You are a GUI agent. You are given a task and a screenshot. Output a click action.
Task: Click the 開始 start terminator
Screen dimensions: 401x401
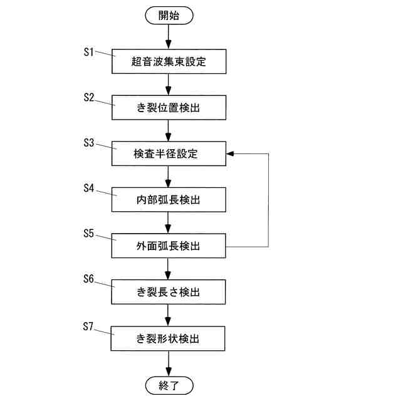pyautogui.click(x=169, y=16)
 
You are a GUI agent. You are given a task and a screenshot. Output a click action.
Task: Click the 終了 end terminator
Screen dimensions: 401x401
pyautogui.click(x=169, y=385)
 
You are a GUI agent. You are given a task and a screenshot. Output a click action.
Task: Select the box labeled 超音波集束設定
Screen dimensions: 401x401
pyautogui.click(x=169, y=61)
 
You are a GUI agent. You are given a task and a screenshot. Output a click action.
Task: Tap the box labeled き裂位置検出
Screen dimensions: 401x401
pyautogui.click(x=169, y=108)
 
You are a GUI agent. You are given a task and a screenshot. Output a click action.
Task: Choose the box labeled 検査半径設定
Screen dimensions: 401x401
pyautogui.click(x=169, y=154)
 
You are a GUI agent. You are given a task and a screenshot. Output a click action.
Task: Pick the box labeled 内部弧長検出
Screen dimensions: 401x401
pyautogui.click(x=169, y=199)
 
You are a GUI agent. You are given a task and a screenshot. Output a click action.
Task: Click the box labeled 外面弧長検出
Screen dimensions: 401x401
pyautogui.click(x=169, y=246)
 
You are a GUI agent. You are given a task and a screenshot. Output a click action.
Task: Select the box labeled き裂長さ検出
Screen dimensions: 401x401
pyautogui.click(x=169, y=292)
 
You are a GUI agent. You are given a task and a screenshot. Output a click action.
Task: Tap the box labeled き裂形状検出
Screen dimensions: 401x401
pyautogui.click(x=169, y=338)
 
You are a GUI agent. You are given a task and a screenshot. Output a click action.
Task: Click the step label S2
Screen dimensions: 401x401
pyautogui.click(x=89, y=97)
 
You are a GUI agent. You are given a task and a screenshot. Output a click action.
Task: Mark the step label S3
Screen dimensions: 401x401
pyautogui.click(x=89, y=143)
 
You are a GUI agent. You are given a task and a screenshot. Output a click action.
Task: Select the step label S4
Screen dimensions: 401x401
pyautogui.click(x=89, y=188)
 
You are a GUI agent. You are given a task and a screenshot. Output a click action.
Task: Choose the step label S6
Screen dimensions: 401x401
pyautogui.click(x=89, y=280)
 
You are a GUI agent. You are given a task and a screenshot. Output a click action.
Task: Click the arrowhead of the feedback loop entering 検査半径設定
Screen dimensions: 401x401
pyautogui.click(x=229, y=154)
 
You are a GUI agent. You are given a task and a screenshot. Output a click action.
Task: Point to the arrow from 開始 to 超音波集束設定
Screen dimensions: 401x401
pyautogui.click(x=169, y=36)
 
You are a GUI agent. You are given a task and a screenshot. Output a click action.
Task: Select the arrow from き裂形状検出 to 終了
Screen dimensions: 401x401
pyautogui.click(x=169, y=363)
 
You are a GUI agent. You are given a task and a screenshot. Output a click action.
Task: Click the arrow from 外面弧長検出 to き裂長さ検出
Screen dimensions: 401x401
pyautogui.click(x=169, y=268)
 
